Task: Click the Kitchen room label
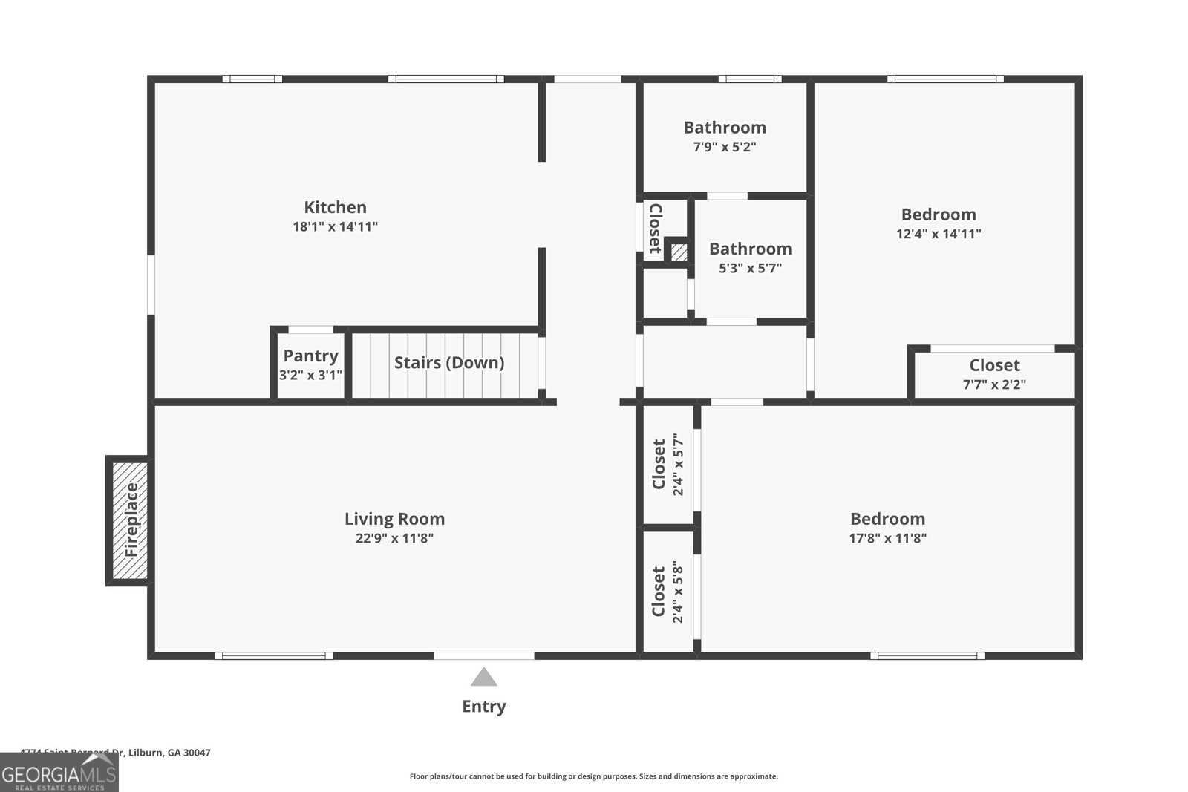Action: click(x=335, y=208)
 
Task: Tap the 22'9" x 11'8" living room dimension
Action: click(x=394, y=538)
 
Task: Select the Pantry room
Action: click(x=310, y=364)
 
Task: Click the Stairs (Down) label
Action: click(x=448, y=362)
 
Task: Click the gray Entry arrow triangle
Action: click(x=483, y=677)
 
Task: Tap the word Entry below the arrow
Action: click(x=483, y=707)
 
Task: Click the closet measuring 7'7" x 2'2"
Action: click(x=994, y=374)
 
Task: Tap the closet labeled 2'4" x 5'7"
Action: click(x=667, y=465)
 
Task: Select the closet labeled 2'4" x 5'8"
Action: click(x=667, y=592)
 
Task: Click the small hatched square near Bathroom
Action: click(x=679, y=252)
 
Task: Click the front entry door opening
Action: click(x=483, y=655)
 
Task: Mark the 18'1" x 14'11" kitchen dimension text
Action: click(x=335, y=226)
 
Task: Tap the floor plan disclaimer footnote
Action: click(x=593, y=776)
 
